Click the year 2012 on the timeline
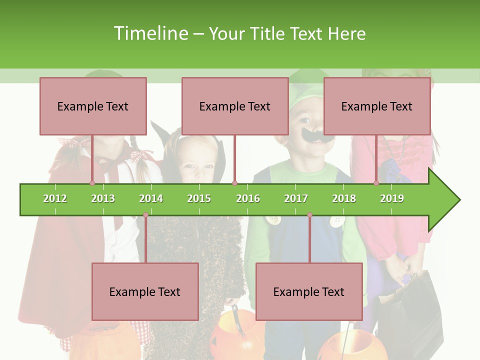(55, 198)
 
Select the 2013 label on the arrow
(103, 198)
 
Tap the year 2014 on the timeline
(151, 198)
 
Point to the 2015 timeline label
(199, 198)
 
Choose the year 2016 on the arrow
(248, 198)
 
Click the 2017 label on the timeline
(296, 198)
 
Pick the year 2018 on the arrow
(344, 198)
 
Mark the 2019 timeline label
(392, 198)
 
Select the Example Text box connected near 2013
(93, 106)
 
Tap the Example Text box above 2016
(235, 106)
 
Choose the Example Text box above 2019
(377, 106)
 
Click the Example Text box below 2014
(145, 291)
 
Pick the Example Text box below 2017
(309, 291)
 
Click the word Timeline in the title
(149, 33)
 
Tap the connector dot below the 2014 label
(145, 215)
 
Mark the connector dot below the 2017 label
(309, 215)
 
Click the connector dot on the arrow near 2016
(235, 183)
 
